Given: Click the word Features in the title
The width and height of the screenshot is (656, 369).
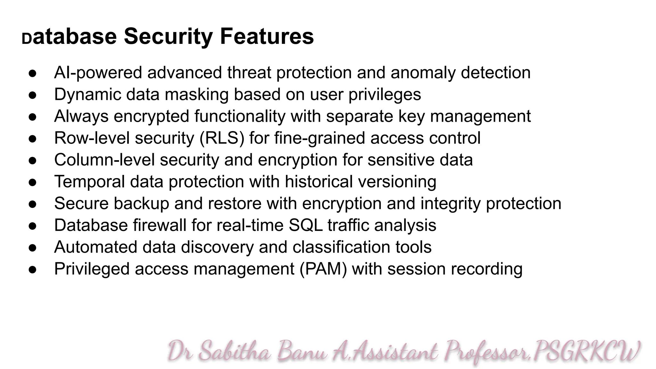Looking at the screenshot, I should coord(266,36).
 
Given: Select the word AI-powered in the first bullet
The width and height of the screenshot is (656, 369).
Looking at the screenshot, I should coord(98,73).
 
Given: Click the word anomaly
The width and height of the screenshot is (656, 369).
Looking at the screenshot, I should coord(423,73).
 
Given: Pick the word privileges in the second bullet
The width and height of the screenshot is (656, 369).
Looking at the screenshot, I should coord(384,95).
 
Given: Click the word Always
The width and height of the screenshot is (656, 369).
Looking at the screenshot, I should coord(81,116).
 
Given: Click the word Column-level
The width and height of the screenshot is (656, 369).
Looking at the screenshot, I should coord(104,160).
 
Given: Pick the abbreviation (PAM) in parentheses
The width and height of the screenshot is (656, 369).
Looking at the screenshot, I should coord(323,269).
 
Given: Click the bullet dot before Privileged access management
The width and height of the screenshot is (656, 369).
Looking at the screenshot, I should coord(33,269).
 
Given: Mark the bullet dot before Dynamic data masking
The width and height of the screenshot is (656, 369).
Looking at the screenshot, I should coord(33,95).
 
